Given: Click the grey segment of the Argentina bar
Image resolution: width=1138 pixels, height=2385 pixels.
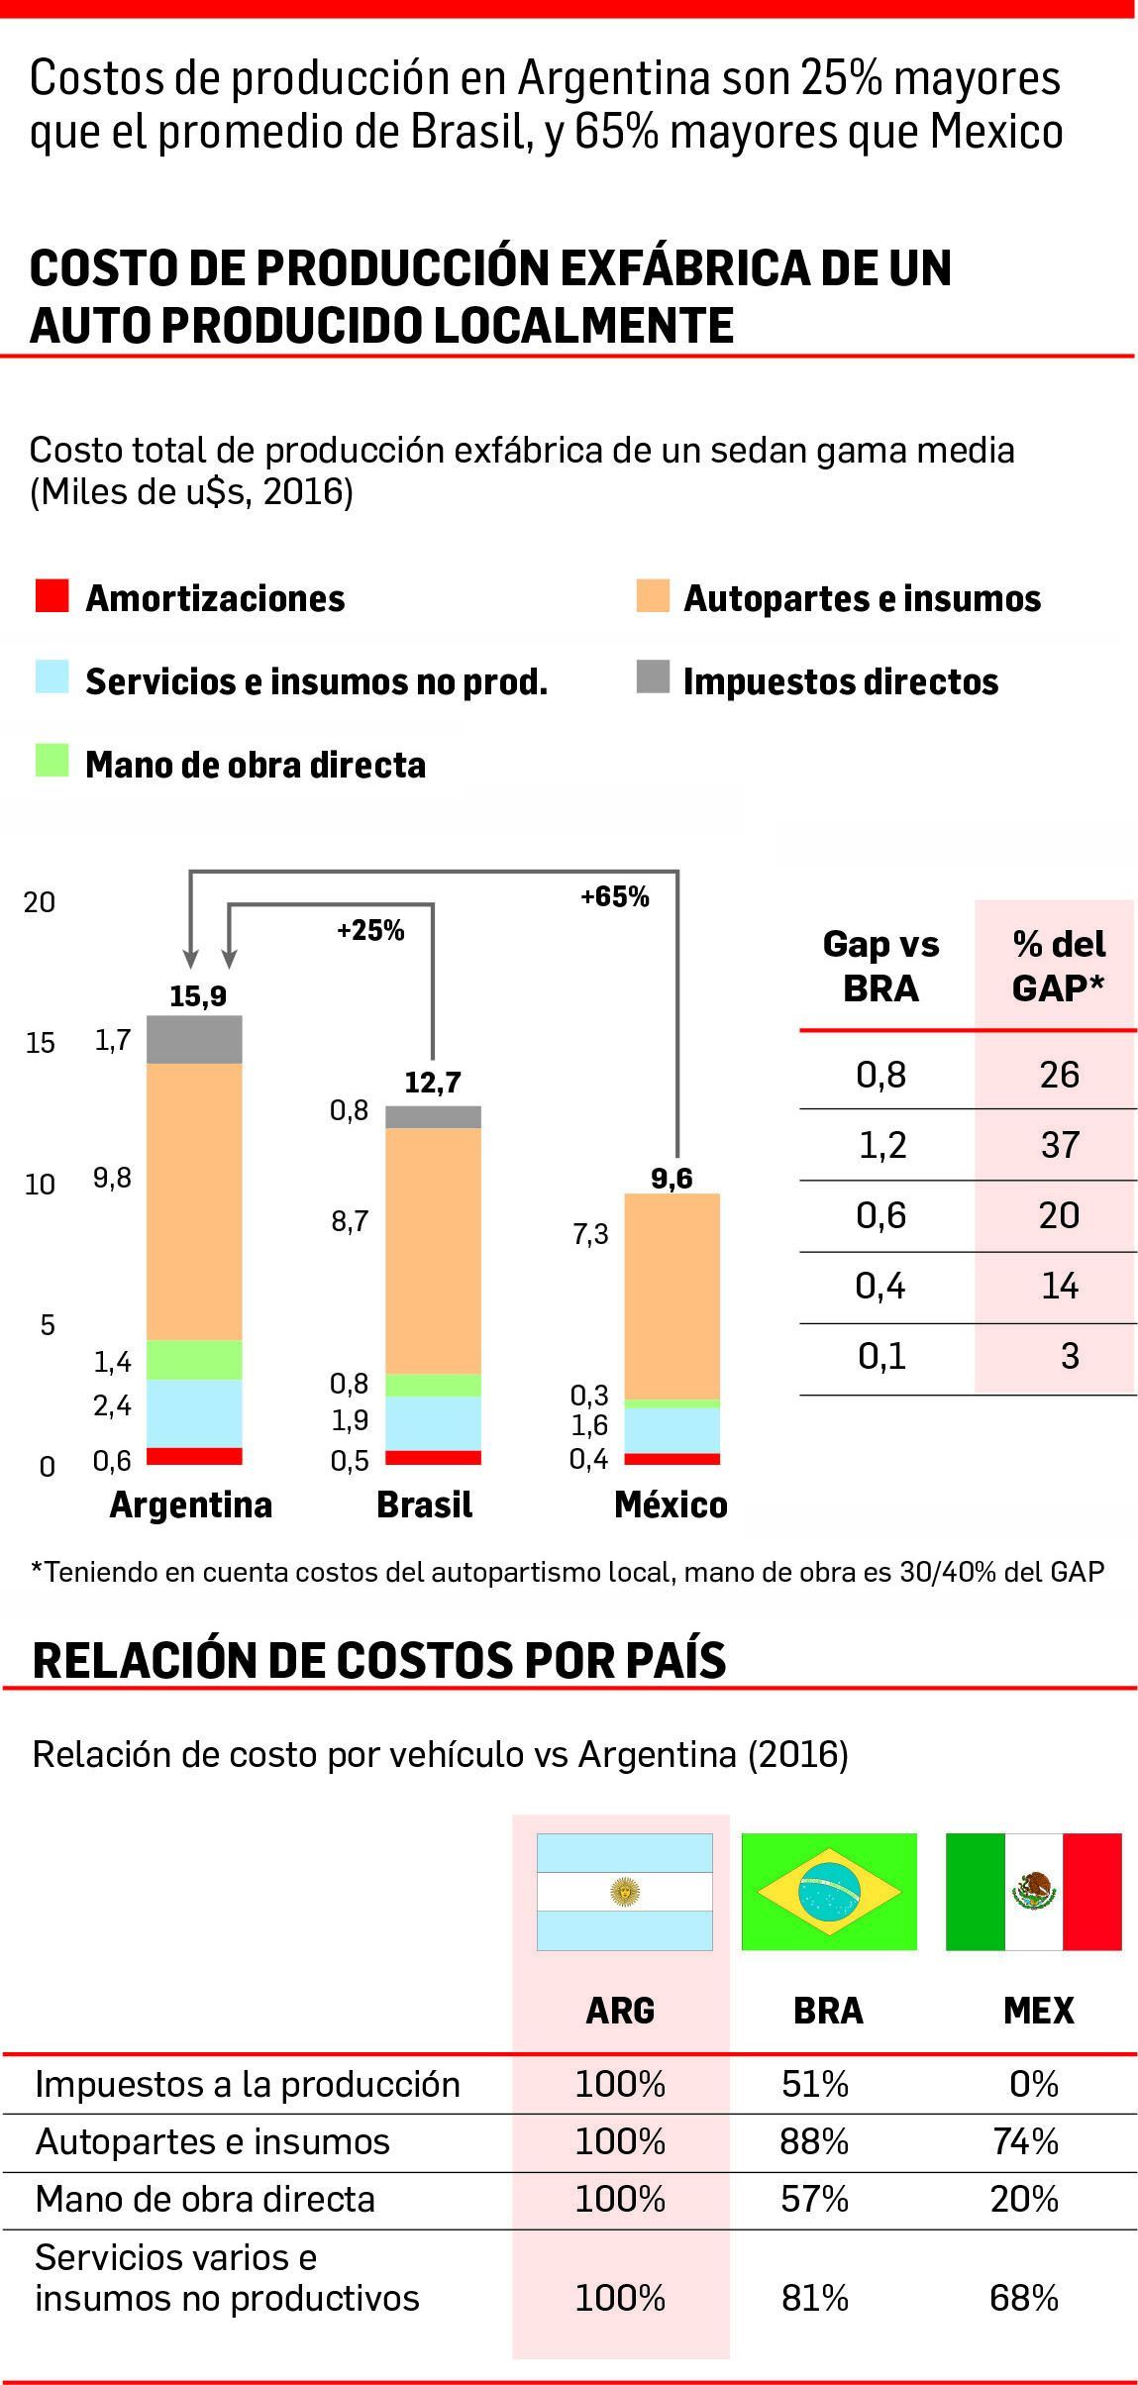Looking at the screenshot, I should tap(194, 1039).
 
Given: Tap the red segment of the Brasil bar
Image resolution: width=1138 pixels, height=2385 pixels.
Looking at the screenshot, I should tap(433, 1457).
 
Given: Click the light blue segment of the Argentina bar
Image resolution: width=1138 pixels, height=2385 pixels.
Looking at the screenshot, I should tap(194, 1412).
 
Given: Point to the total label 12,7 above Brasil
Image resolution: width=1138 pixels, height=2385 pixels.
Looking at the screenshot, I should tap(433, 1083).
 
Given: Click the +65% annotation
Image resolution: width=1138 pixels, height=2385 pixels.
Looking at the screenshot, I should tap(614, 897).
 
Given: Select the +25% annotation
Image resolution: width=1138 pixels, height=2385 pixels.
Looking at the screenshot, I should tap(370, 931).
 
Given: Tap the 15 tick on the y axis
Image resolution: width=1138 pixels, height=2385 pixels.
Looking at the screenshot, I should tap(40, 1043).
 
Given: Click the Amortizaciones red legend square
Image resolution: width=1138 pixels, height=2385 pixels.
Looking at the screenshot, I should tap(52, 596).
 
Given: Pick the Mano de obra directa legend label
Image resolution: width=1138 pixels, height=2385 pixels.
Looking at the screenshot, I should tap(256, 765).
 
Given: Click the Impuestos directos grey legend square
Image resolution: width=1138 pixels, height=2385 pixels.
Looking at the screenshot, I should tap(653, 678).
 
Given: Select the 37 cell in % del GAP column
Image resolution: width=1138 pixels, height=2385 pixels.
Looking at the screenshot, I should tap(1059, 1145).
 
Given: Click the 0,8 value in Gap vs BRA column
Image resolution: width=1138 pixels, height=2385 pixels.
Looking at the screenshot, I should tap(880, 1075).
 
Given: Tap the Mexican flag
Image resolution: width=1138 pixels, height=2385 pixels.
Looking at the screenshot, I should tap(1033, 1892).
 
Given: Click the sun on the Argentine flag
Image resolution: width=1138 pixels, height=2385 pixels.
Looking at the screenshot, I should tap(624, 1892).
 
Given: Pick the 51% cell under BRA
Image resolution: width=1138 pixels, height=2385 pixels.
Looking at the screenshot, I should tap(814, 2085).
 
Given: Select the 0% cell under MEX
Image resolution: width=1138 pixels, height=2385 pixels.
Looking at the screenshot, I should tap(1033, 2085).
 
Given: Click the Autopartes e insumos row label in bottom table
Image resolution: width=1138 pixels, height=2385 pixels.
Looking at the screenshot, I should tap(212, 2142).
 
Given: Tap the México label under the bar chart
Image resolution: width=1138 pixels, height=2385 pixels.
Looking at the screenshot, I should tap(671, 1504).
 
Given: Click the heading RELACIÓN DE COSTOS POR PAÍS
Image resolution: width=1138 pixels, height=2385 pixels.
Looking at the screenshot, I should tap(379, 1661).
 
